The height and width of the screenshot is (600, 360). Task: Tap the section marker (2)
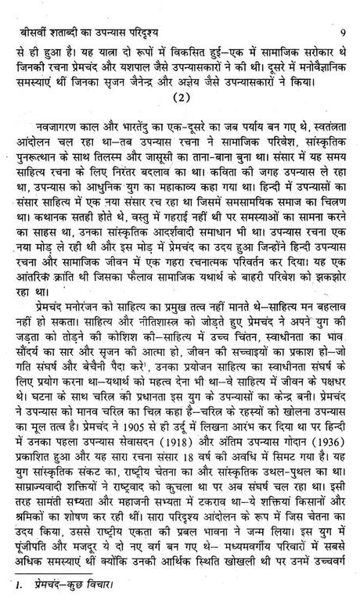pos(177,100)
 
